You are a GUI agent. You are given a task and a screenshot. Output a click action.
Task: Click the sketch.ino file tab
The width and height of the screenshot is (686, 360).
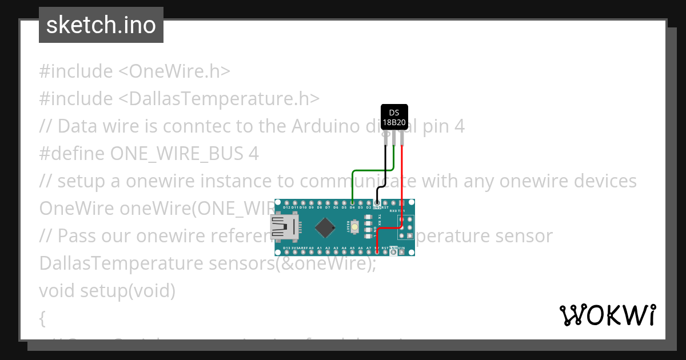coord(101,25)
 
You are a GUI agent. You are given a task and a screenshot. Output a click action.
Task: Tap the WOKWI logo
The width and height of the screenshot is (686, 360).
coord(607,315)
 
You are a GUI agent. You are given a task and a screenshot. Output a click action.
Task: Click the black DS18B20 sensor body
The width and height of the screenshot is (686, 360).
coord(394,117)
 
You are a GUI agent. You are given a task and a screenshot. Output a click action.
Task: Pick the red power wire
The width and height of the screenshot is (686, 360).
coord(402,189)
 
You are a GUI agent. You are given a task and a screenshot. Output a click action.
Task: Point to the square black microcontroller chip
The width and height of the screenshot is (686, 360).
coord(325,227)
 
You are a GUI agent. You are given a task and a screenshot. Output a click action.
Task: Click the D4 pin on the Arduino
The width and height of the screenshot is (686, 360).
coord(352,203)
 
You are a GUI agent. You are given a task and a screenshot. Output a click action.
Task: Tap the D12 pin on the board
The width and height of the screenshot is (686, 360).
coord(287,203)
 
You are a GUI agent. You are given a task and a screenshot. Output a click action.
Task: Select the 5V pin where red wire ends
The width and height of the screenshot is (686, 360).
coord(377,252)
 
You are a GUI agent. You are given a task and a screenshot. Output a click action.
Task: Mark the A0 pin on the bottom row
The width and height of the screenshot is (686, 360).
coord(312,252)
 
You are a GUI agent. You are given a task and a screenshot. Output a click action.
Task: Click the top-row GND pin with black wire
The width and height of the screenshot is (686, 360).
coord(377,203)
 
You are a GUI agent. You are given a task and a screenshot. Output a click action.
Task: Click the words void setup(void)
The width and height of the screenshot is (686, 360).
coord(107,290)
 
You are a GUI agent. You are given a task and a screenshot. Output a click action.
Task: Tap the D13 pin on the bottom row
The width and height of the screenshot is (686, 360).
coord(287,252)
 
